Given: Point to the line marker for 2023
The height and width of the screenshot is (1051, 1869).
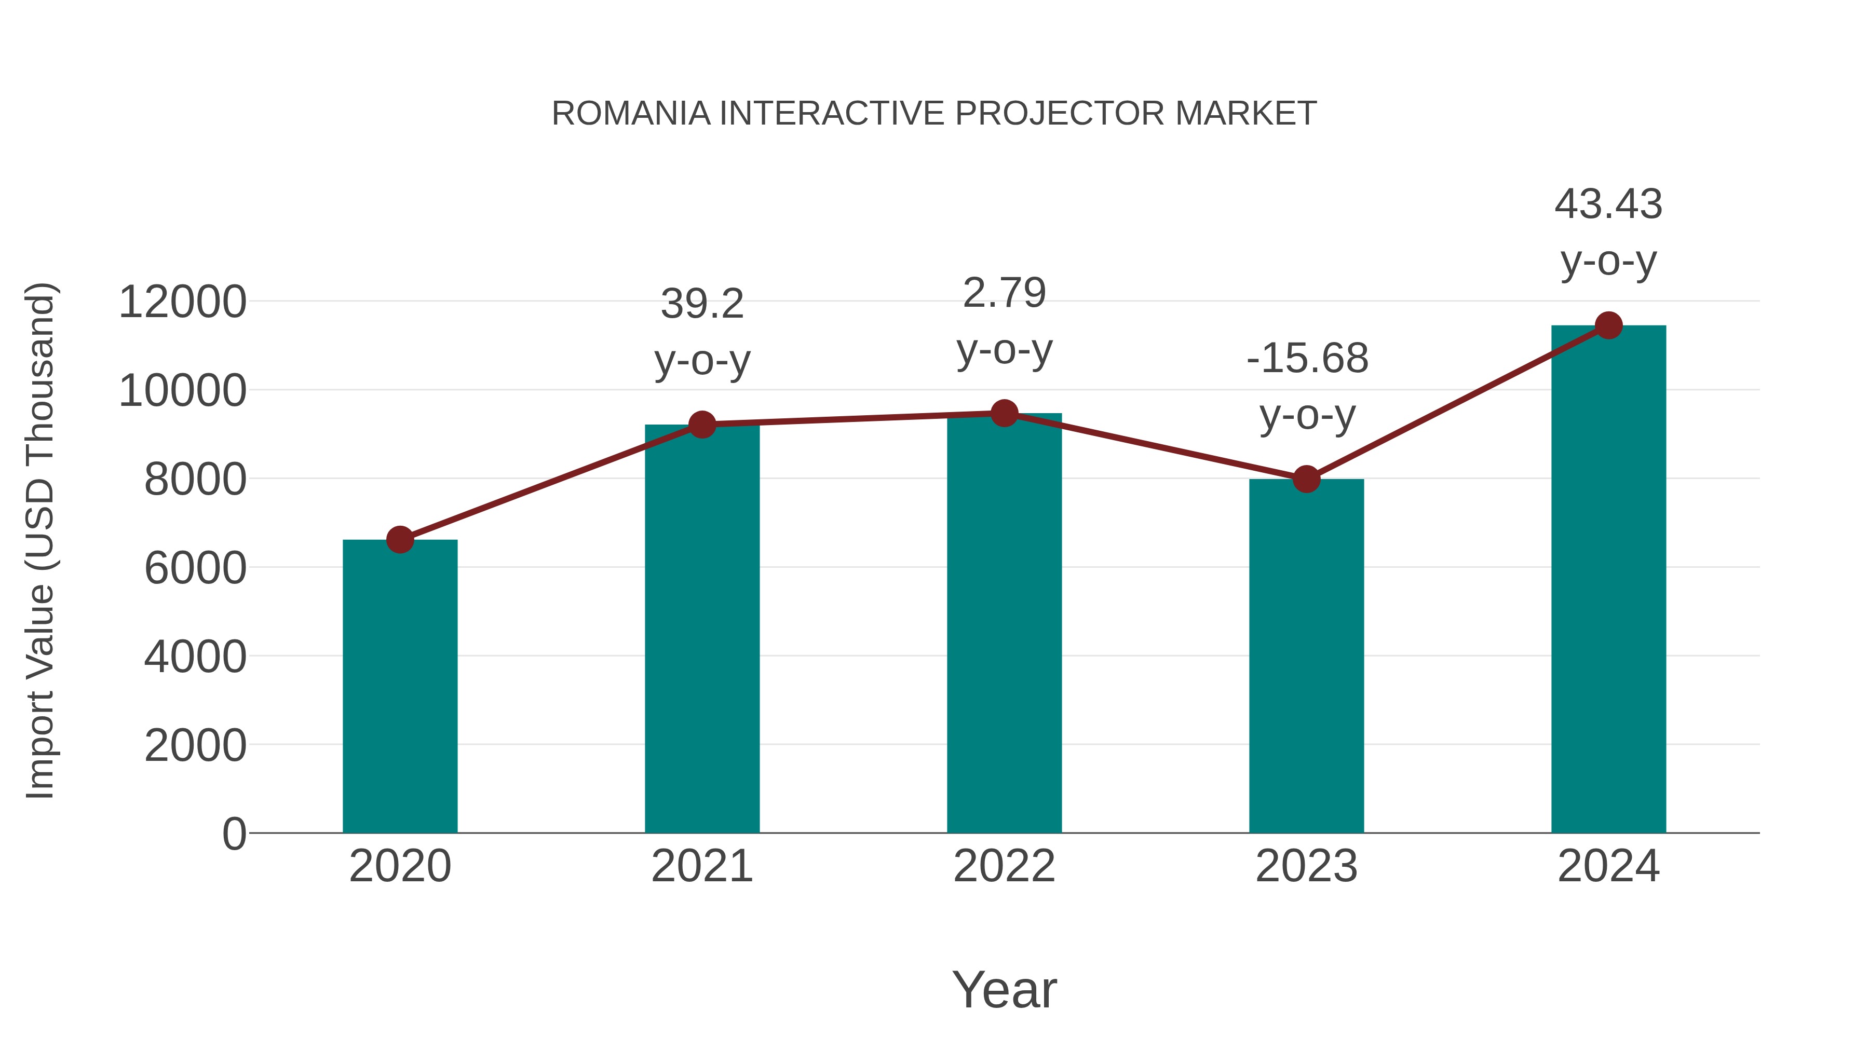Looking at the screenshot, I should click(1306, 479).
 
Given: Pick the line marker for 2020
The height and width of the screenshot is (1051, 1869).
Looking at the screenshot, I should click(400, 540).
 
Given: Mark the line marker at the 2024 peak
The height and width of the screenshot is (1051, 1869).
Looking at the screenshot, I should click(1608, 325).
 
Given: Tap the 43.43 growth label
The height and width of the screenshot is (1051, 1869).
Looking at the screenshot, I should click(1608, 204).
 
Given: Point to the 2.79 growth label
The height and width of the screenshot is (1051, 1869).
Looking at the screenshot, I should click(1004, 293).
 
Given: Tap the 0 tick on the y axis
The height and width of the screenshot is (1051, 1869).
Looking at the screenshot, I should click(234, 834).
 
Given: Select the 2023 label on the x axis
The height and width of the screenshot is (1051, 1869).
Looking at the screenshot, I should click(1306, 866).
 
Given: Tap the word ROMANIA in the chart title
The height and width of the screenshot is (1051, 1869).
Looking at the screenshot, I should click(630, 114).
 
